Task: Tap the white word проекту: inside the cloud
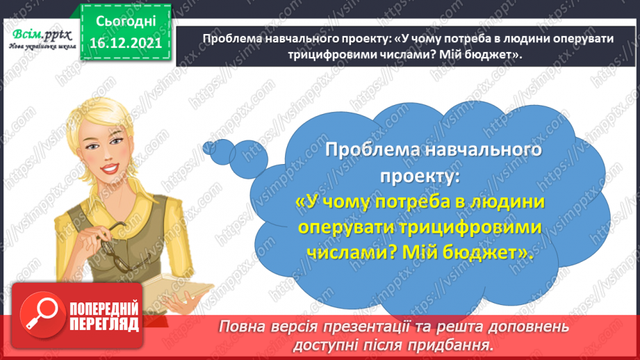coord(420,176)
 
